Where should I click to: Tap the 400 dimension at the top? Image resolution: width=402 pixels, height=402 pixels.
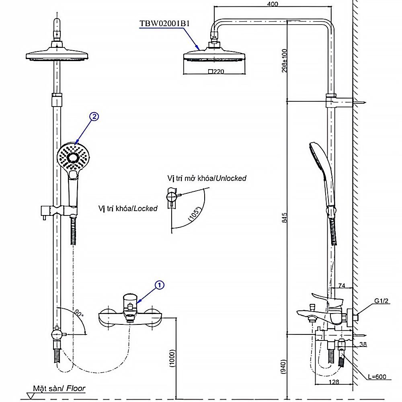pos(272,4)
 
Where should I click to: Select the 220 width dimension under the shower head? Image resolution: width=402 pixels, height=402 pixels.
pos(217,72)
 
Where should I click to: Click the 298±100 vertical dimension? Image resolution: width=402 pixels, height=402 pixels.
pos(285,60)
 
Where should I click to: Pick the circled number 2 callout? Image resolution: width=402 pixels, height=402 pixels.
pos(94,117)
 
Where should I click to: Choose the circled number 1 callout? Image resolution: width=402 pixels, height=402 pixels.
pos(160,285)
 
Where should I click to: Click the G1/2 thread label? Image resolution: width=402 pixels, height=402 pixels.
pos(382,301)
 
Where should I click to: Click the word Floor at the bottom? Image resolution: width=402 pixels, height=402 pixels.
pos(76,388)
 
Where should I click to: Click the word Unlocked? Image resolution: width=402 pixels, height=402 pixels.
pos(231,178)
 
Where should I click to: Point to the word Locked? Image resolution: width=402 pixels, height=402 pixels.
pos(145,209)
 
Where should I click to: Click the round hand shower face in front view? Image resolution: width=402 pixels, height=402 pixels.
pos(73,158)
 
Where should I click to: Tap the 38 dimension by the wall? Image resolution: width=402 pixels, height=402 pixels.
pos(363,345)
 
